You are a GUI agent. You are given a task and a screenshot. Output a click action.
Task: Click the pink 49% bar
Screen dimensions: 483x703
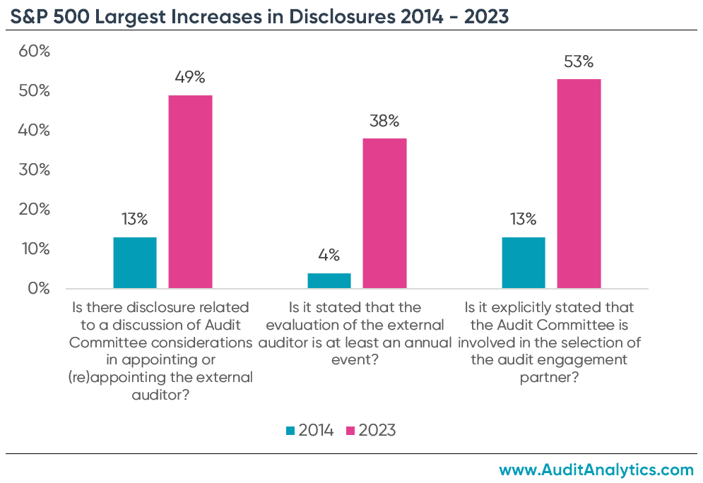[x=190, y=191]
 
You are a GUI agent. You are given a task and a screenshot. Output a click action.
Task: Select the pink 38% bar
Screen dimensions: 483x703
[x=384, y=213]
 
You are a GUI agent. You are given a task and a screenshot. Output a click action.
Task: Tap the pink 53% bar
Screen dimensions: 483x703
[x=579, y=184]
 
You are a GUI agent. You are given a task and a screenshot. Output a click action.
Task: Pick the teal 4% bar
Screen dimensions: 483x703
[x=329, y=280]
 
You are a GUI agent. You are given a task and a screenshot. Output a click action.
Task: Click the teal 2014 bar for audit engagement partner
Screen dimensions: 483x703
[x=524, y=263]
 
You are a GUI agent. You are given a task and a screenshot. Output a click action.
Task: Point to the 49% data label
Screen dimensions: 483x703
[x=191, y=77]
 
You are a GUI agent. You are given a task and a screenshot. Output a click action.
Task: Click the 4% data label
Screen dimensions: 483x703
[x=329, y=255]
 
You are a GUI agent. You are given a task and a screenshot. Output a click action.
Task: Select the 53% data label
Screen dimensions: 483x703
[x=579, y=61]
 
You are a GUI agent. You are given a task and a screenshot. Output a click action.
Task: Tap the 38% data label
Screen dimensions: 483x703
[x=384, y=121]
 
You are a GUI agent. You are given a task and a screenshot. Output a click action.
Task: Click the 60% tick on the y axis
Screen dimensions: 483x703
[x=35, y=52]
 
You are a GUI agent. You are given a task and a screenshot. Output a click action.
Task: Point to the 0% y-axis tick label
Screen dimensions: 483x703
[x=38, y=289]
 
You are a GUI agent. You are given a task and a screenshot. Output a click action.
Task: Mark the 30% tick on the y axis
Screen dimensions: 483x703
[x=35, y=170]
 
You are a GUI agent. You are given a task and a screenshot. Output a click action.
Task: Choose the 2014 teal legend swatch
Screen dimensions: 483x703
[x=290, y=430]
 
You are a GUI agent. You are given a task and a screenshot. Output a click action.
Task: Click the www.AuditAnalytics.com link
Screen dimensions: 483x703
[x=596, y=469]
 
